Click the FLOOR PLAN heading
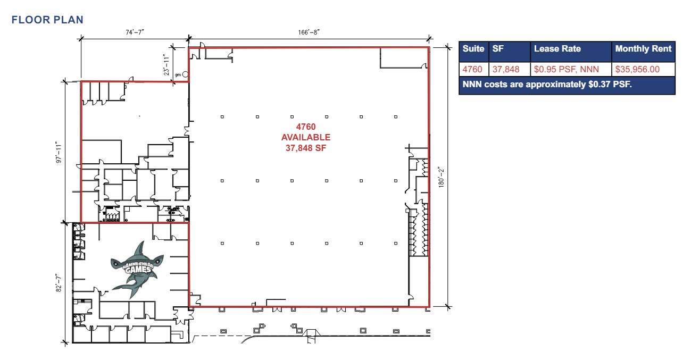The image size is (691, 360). pos(47,20)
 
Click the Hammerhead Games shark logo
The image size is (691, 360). pos(135,267)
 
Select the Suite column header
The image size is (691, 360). pos(473,49)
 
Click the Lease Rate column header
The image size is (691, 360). pos(557,49)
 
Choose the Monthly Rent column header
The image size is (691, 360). pos(643,49)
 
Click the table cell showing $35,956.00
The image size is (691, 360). pos(637,69)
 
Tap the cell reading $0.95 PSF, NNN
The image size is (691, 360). pos(566,69)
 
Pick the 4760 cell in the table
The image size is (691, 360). pos(472,69)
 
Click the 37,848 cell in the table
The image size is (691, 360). pos(506,69)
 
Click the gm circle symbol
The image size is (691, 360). pos(185,74)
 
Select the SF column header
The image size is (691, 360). pos(498,49)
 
